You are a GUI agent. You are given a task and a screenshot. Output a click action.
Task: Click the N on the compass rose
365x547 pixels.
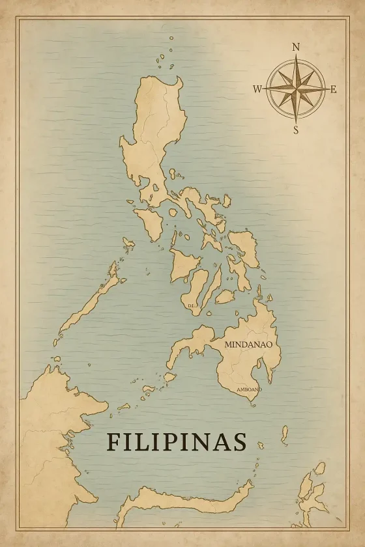coord(296,47)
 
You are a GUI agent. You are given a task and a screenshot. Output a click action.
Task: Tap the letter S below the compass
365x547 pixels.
coord(296,130)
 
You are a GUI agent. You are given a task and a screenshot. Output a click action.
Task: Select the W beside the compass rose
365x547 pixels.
coord(257,89)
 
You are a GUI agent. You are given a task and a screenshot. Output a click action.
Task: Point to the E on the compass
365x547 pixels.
coord(334,89)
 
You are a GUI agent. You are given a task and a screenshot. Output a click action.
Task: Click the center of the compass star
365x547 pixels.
coord(296,89)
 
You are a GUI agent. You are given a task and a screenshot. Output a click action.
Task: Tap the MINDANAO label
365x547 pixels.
coord(248,344)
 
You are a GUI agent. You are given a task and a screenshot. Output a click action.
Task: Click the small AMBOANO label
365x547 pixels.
coord(249,389)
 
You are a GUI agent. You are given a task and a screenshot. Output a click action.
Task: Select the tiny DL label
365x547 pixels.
coord(191,305)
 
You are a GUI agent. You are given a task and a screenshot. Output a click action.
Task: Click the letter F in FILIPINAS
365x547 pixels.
coord(113,442)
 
